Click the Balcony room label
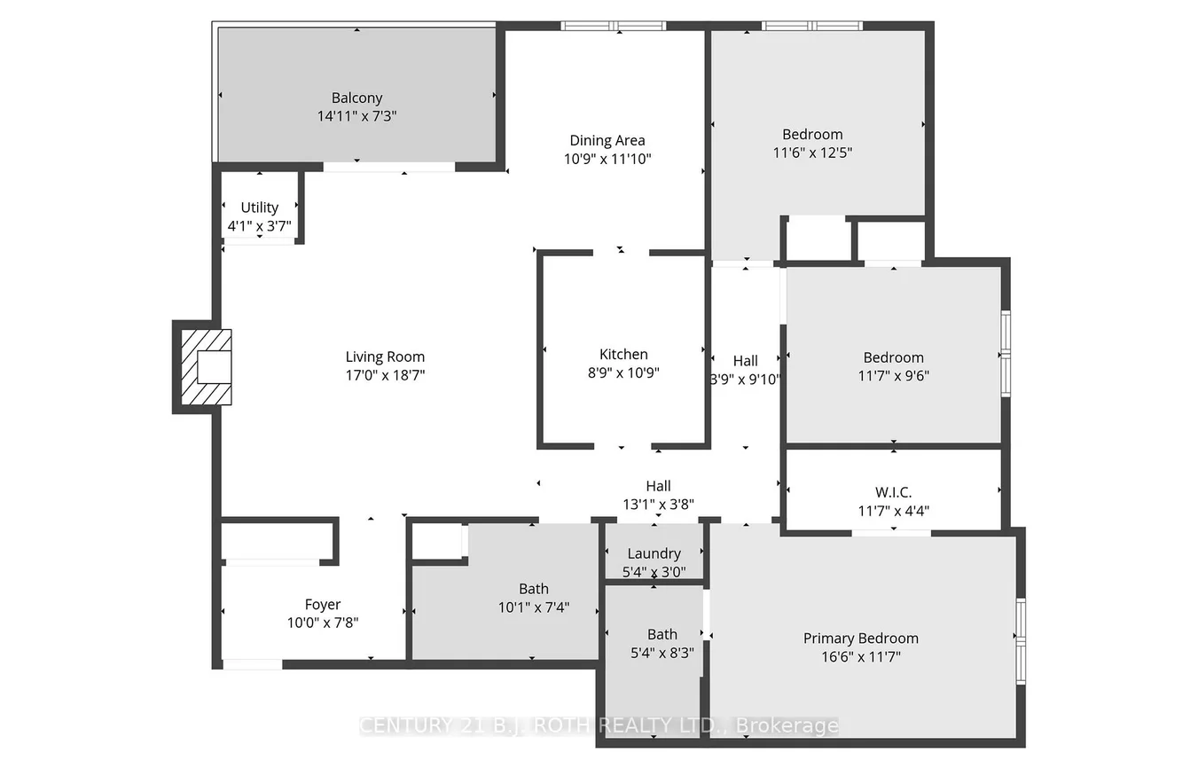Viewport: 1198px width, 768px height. click(356, 98)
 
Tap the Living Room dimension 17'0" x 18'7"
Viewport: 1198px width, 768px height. click(385, 375)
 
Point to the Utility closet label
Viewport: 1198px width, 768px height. click(259, 208)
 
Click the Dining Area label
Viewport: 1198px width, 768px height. click(607, 140)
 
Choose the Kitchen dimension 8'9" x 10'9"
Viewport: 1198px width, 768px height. click(623, 372)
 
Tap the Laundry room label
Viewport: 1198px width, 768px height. click(654, 553)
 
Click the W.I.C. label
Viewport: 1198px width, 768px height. click(893, 492)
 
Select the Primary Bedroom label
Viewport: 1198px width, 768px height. click(860, 639)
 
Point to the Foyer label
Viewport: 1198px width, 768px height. click(323, 605)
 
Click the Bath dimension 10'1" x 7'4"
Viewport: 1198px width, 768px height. click(533, 607)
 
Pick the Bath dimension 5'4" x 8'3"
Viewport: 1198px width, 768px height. click(662, 653)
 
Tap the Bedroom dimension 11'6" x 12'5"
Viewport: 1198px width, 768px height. click(812, 153)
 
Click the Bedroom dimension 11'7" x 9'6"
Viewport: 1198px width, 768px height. click(893, 376)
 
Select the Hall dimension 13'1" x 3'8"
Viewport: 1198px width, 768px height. click(658, 505)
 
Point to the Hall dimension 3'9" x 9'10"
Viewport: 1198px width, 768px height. click(746, 380)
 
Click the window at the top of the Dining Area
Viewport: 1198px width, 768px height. click(614, 26)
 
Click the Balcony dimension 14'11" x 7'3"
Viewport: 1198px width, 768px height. click(356, 116)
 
